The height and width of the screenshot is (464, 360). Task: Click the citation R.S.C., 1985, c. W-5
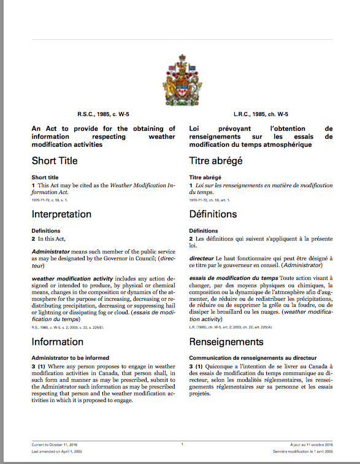pos(103,114)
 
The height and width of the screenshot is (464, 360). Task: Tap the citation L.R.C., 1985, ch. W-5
pos(261,114)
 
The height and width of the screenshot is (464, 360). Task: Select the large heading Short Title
pos(55,161)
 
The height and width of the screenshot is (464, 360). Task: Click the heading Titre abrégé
pos(216,161)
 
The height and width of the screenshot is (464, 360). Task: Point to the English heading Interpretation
pos(61,214)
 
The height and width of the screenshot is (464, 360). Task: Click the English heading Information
pos(57,341)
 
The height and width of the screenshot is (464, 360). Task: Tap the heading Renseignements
pos(226,341)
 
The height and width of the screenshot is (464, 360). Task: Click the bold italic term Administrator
pos(51,252)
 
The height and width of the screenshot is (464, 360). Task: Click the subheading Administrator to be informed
pos(71,357)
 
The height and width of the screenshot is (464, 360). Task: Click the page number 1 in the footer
pos(182,444)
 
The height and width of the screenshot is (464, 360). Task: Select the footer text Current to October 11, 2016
pos(55,444)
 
